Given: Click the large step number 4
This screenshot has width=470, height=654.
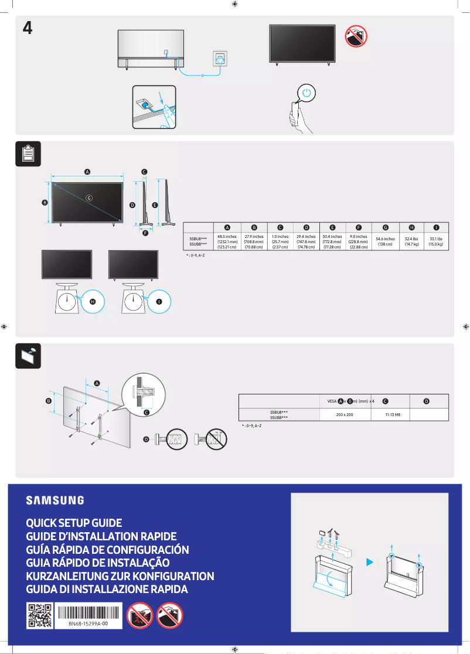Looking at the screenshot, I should (27, 28).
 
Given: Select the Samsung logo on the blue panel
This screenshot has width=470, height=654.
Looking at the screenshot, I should (55, 500).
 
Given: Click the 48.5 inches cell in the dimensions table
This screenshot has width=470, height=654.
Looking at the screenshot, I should (227, 242).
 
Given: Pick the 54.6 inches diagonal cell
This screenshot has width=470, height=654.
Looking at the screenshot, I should (385, 241).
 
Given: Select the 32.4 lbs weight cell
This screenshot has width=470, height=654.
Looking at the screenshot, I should (411, 241).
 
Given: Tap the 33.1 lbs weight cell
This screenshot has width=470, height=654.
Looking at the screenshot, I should (436, 241).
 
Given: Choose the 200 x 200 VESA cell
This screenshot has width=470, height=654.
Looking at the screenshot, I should (344, 414).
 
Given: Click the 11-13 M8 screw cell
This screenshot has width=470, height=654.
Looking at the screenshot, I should (392, 414).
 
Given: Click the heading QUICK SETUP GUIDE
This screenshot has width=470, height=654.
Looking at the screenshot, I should (74, 523).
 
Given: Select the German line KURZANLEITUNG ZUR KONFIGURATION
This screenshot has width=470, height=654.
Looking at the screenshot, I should (120, 576).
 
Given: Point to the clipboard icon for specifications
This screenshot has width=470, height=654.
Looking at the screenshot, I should (27, 154).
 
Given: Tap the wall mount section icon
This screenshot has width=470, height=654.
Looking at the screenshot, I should (27, 355).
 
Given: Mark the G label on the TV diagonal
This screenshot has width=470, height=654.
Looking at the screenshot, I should (89, 197).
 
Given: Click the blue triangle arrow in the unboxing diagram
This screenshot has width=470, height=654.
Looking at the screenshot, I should (369, 562).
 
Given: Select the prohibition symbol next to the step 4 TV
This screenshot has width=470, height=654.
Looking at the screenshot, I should (356, 37).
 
